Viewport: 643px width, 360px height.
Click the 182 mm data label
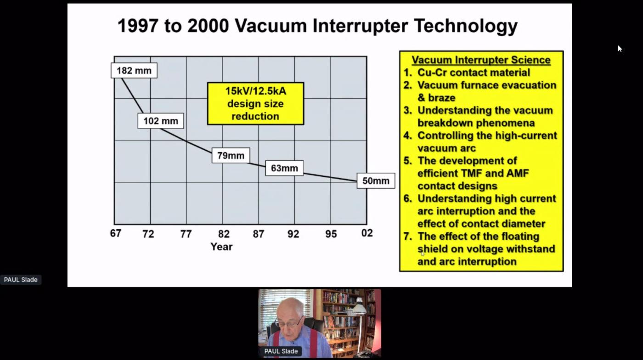(134, 70)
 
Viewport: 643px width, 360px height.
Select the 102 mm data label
(160, 121)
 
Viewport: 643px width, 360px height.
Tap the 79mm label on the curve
(231, 156)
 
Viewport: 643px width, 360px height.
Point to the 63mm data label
(284, 168)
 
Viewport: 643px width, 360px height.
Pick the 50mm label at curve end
(376, 181)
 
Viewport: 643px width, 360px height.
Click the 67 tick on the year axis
(116, 233)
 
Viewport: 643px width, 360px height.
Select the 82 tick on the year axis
(224, 234)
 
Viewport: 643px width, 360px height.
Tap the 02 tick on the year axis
(367, 233)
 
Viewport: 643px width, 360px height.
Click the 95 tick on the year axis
(331, 234)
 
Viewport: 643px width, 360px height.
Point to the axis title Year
(221, 247)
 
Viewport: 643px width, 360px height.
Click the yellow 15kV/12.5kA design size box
(255, 104)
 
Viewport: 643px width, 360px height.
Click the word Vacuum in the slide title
(271, 26)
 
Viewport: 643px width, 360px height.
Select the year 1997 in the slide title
(138, 26)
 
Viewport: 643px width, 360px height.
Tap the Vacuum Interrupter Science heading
(481, 60)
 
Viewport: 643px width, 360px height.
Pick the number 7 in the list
(407, 236)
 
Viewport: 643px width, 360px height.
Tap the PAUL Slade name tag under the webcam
(281, 351)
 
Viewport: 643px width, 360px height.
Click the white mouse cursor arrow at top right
(620, 49)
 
